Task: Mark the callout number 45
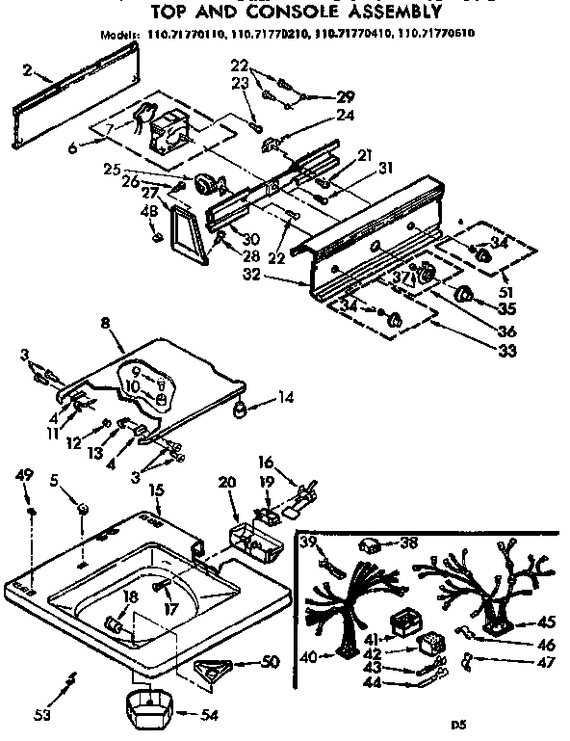547,622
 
